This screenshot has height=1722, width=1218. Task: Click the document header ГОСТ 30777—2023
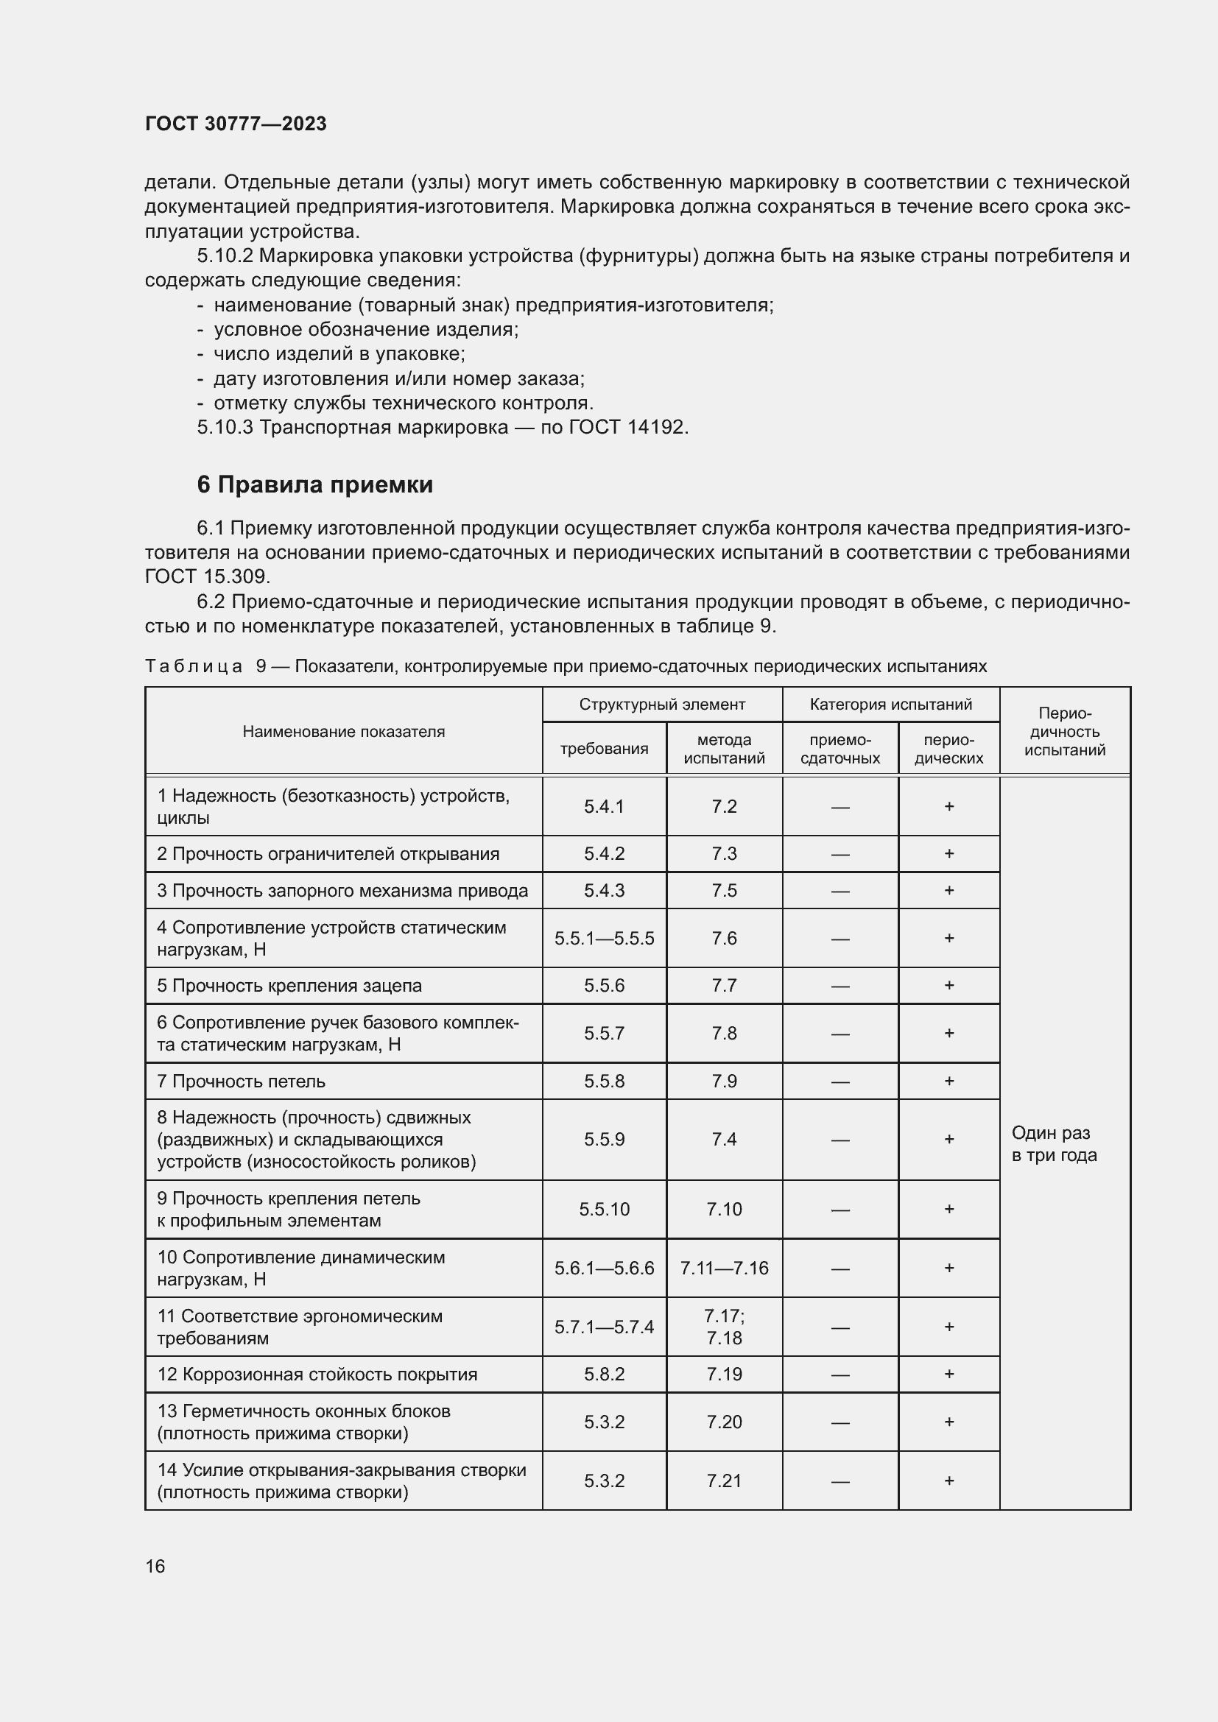236,124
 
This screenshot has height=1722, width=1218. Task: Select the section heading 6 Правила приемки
314,484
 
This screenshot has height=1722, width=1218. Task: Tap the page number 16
155,1566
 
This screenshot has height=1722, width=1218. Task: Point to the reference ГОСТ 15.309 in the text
206,576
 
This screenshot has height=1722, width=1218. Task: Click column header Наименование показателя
343,731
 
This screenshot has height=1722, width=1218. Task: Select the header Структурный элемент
661,705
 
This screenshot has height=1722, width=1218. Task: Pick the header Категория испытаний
890,705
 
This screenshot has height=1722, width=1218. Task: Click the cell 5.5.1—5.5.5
604,938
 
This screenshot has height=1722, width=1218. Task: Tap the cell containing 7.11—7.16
724,1268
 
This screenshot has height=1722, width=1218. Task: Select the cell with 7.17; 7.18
724,1327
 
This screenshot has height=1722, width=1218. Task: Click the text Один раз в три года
1053,1144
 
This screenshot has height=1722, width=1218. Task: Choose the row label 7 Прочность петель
241,1081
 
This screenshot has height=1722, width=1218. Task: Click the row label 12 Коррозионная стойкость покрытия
317,1375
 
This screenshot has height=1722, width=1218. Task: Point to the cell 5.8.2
604,1375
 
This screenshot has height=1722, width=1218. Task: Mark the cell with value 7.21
724,1481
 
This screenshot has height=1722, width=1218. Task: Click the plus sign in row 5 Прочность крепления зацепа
948,986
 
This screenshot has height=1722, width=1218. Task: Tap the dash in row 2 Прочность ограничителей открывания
840,854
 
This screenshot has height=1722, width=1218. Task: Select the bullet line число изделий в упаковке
339,354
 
